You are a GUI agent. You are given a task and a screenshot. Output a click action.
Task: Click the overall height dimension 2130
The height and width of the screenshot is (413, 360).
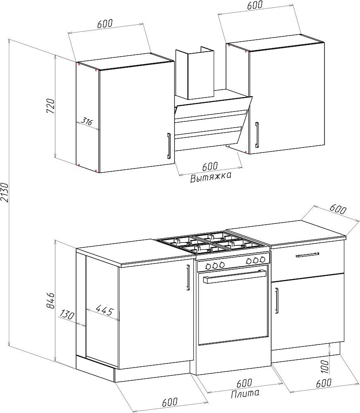point(5,192)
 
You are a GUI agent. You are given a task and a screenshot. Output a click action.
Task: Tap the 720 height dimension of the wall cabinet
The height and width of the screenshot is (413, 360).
point(50,106)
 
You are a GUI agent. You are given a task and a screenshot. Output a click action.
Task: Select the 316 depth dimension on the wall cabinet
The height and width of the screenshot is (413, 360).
point(86,121)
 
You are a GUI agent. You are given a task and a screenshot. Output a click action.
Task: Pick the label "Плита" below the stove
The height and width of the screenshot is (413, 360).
point(245,394)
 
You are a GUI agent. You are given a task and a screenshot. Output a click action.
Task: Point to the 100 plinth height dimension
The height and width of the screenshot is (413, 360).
point(325,366)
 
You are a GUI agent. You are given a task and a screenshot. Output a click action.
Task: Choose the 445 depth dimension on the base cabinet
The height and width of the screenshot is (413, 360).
point(105,310)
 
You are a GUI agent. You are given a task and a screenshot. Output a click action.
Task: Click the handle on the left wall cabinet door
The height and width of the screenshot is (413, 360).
point(169,146)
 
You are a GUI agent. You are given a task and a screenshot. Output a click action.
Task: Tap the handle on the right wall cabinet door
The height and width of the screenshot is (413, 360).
point(257,135)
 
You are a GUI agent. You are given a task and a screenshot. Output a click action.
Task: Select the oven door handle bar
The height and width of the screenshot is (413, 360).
point(234,276)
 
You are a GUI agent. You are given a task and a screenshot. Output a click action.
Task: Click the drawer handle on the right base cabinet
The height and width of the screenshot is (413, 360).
point(307,255)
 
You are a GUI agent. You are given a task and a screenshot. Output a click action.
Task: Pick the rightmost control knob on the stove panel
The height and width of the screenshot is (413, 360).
point(262,260)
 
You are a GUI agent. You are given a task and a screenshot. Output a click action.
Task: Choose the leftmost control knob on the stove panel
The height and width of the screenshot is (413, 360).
point(208,266)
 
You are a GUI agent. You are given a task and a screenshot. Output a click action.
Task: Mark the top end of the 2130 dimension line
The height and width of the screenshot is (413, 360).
point(10,39)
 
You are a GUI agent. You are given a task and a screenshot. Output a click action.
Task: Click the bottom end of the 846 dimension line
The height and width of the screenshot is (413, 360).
point(55,361)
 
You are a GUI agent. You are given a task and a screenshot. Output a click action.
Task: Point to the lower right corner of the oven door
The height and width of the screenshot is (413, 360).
point(268,337)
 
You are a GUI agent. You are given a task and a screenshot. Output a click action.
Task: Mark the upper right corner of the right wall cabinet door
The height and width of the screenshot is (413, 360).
point(324,43)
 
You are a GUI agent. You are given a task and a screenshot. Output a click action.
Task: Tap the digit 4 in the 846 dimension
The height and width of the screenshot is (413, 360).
point(50,301)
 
